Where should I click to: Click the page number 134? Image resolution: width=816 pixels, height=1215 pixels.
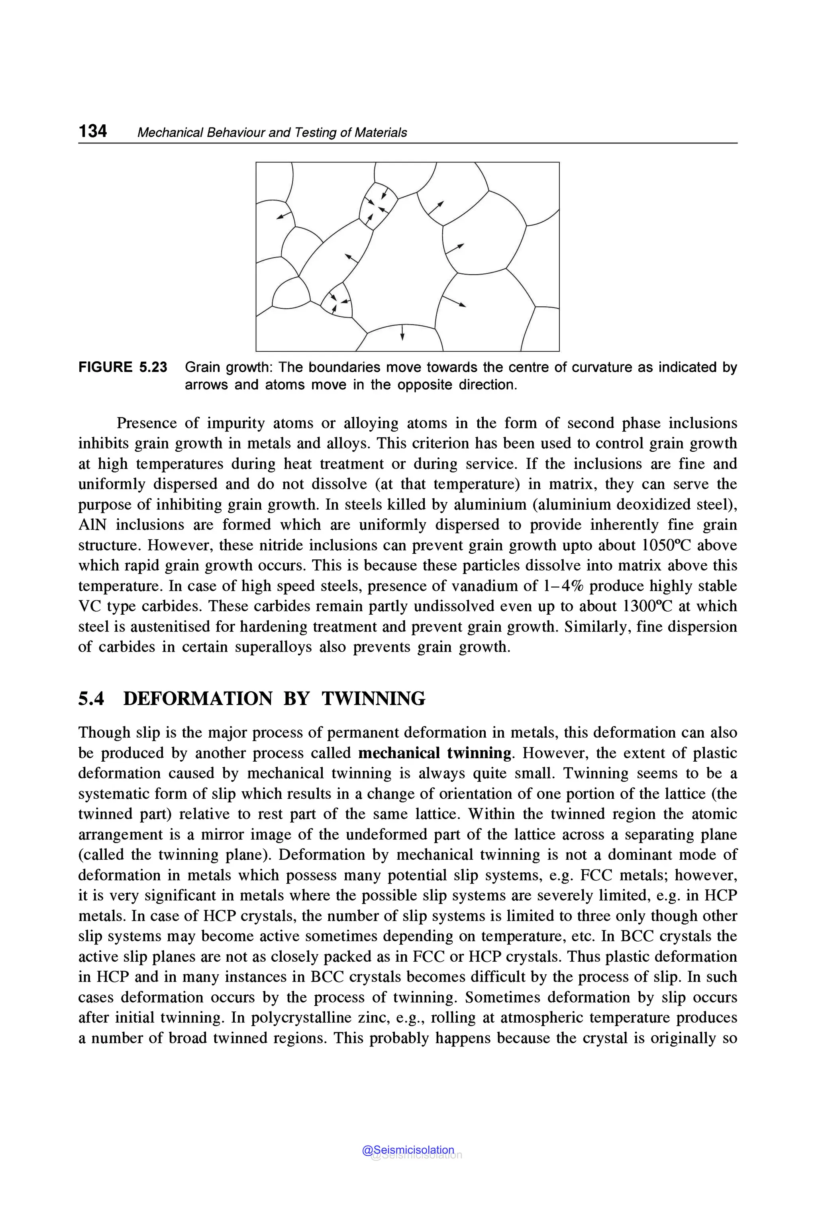(92, 131)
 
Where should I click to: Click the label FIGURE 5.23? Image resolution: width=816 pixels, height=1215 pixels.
(123, 367)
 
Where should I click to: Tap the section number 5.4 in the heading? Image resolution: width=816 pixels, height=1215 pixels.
(91, 698)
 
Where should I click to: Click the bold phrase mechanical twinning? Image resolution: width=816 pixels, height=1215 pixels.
(435, 753)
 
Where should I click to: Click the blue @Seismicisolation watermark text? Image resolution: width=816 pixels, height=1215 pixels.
(408, 1150)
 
